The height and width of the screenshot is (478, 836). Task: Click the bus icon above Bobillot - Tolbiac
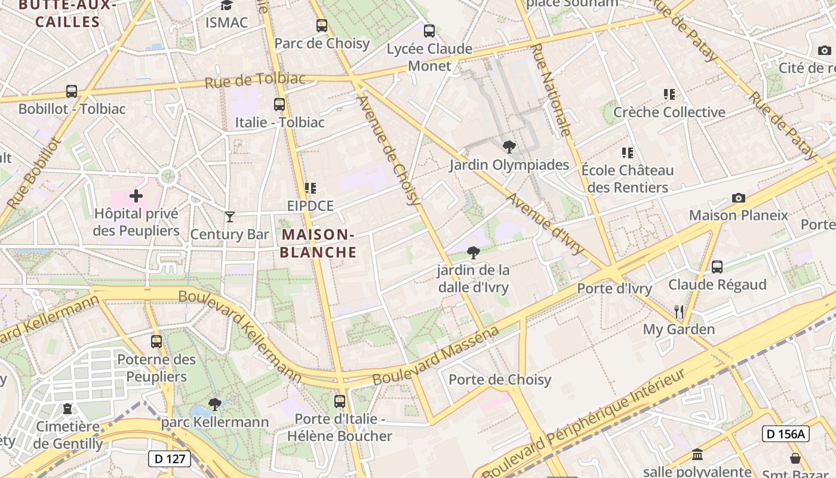click(x=72, y=91)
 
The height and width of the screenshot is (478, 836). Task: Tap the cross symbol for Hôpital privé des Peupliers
click(x=136, y=195)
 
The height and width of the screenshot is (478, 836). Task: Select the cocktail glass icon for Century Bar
click(x=230, y=216)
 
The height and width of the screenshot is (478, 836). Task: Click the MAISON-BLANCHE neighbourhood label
click(x=318, y=243)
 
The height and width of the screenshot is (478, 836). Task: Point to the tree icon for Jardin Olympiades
click(x=509, y=146)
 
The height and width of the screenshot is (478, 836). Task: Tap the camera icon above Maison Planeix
click(x=739, y=198)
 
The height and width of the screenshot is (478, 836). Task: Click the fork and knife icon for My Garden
click(x=679, y=311)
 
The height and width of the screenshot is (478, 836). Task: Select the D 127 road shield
click(x=170, y=459)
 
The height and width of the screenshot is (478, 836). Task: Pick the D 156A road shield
click(x=785, y=434)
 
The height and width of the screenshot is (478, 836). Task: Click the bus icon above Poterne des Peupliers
click(x=156, y=342)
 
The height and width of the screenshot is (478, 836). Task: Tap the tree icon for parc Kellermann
click(x=215, y=405)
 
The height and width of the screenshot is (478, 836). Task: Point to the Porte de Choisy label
click(x=500, y=379)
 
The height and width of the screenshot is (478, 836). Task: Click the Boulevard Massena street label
click(x=435, y=356)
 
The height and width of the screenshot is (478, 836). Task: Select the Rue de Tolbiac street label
click(x=255, y=80)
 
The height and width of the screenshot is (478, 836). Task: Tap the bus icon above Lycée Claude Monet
click(x=429, y=31)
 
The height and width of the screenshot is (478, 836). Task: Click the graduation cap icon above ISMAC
click(x=226, y=5)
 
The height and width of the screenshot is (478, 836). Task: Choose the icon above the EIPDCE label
click(x=310, y=188)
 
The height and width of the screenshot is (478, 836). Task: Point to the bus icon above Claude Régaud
click(x=717, y=267)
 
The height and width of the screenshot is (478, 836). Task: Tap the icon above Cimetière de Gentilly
click(x=67, y=409)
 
